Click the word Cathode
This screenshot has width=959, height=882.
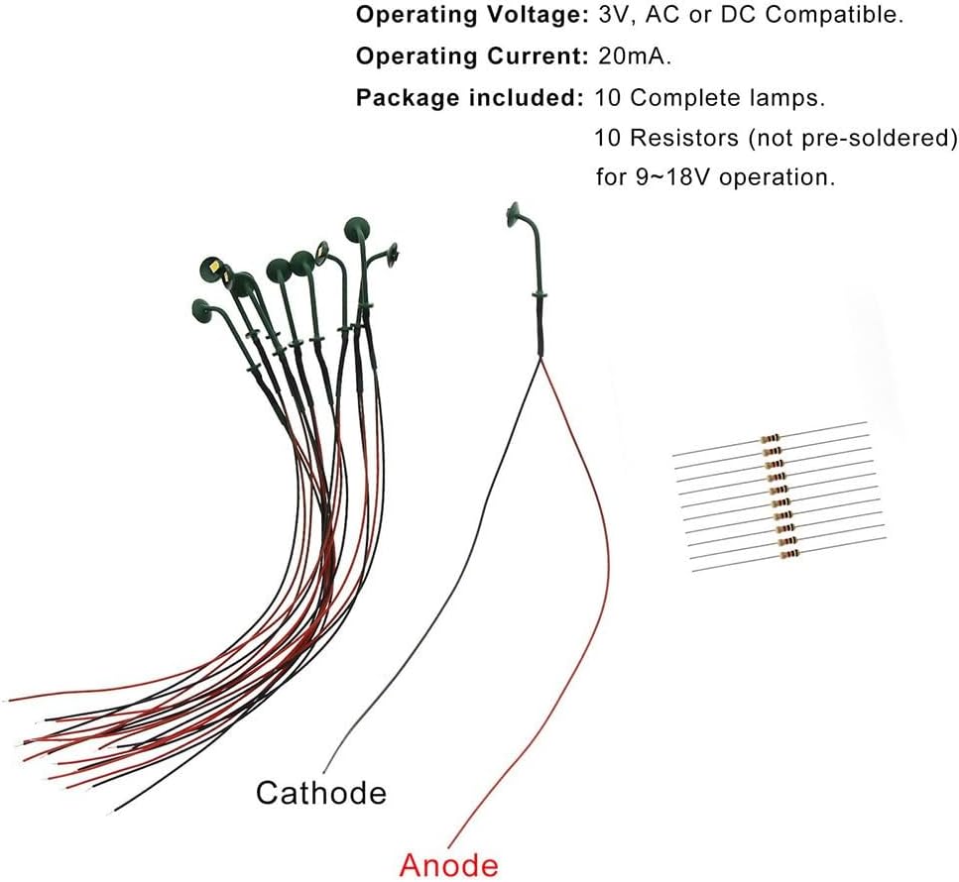click(x=320, y=792)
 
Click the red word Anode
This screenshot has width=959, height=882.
click(x=448, y=864)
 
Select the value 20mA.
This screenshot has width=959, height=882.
click(x=634, y=56)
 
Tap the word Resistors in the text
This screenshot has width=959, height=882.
click(x=680, y=137)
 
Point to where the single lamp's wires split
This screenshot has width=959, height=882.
click(x=541, y=358)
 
